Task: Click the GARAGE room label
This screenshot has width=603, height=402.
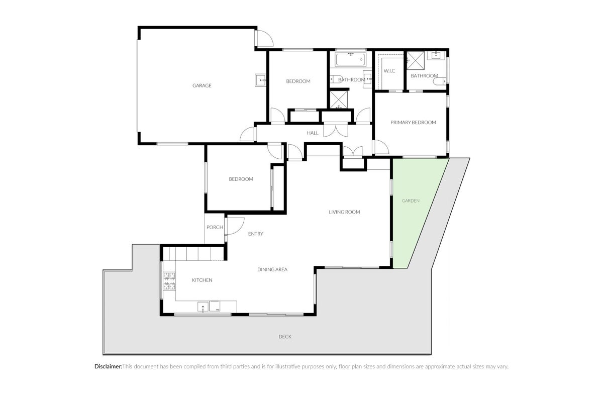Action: (x=202, y=85)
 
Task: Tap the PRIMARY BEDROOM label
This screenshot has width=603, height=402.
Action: (x=413, y=123)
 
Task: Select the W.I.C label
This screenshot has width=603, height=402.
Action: (x=389, y=71)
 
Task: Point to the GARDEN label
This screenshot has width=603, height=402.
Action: (x=411, y=200)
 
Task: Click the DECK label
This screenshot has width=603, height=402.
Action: (x=285, y=337)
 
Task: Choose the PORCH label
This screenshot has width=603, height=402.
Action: (x=215, y=227)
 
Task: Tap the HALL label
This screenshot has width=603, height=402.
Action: (x=313, y=133)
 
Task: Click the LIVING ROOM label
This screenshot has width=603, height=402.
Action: (x=344, y=212)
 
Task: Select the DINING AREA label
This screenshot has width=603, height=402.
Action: (x=272, y=269)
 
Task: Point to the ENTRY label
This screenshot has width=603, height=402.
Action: (x=255, y=234)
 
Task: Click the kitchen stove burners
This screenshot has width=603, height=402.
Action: (x=169, y=281)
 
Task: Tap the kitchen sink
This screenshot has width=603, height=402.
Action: (x=203, y=307)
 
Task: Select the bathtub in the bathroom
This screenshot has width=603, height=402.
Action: (x=351, y=59)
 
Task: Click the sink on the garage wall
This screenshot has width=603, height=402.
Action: (x=260, y=80)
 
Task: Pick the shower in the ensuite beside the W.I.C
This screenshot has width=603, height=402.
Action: (x=416, y=61)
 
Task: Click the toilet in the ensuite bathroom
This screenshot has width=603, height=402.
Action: (x=440, y=81)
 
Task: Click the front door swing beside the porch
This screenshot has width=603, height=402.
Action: (x=235, y=226)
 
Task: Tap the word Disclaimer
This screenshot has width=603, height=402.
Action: (x=108, y=366)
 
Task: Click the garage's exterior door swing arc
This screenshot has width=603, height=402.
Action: (x=265, y=39)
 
